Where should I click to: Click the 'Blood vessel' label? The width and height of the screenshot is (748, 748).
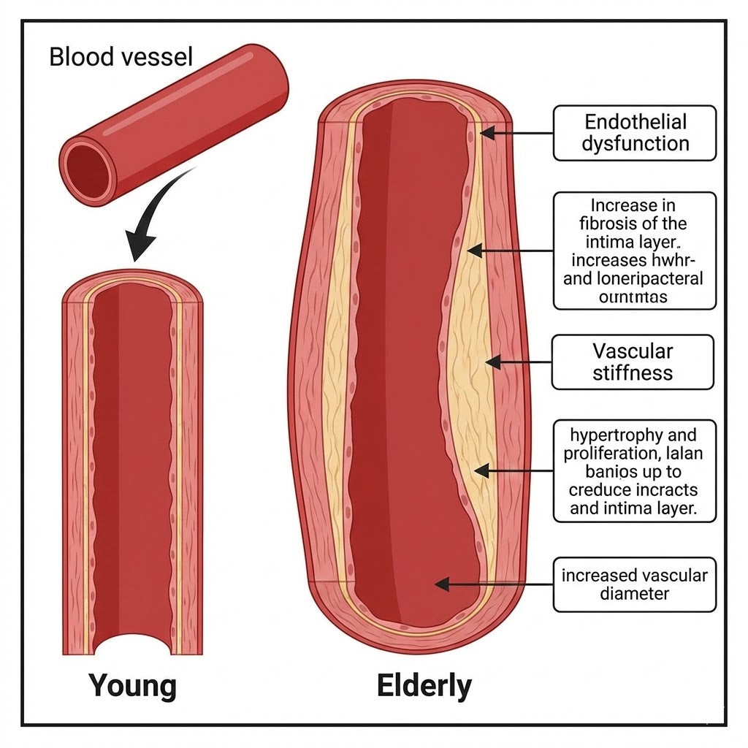pos(121,56)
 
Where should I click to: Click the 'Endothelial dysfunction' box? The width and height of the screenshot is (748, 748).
pos(634,132)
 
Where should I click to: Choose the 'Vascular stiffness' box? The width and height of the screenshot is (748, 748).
pos(633,362)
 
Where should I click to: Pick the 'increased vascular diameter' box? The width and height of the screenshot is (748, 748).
pos(634,584)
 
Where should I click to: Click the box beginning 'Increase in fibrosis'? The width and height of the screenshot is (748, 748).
pos(634,251)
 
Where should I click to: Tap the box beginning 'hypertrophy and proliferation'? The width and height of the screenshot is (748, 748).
pos(634,470)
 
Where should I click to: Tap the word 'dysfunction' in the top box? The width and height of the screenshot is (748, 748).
pos(636,143)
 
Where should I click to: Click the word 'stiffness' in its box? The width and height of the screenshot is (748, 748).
pos(633,373)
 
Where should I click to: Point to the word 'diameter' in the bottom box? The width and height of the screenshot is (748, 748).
pos(634,594)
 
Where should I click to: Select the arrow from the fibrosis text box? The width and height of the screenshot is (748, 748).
pos(511,251)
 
